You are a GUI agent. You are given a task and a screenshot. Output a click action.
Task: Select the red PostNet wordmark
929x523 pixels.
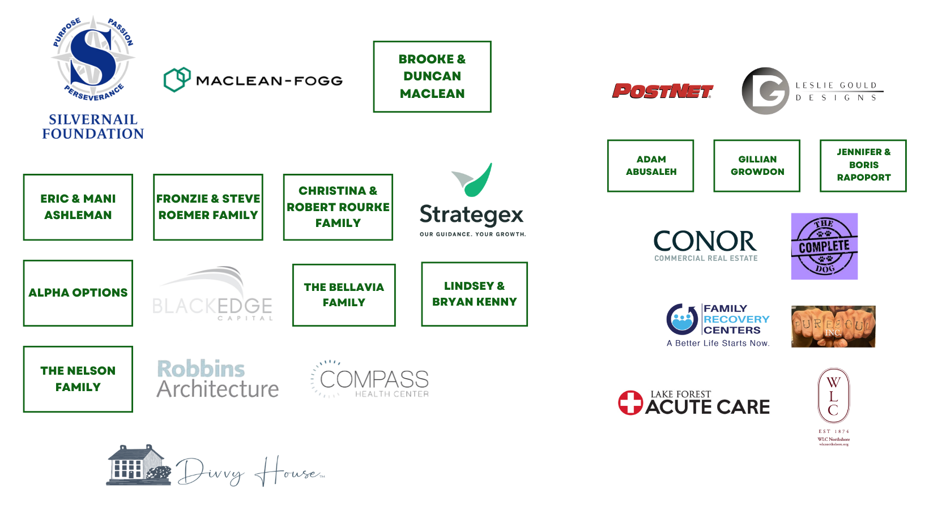[663, 91]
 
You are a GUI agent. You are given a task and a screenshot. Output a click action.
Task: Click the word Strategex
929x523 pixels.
[472, 215]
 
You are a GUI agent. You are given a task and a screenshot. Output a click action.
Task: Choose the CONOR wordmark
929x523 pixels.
[704, 242]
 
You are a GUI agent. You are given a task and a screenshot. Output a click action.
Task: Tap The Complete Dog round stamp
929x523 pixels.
[824, 246]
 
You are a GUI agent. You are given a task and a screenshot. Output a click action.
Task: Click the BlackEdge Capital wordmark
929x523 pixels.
[212, 306]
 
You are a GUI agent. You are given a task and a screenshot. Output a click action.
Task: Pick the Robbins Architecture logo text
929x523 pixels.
[217, 379]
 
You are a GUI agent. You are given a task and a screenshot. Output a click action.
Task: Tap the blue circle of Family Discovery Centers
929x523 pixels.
[682, 320]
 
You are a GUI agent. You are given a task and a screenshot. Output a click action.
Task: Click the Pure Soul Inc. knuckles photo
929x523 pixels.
[833, 325]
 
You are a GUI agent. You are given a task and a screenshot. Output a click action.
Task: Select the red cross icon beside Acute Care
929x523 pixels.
[630, 403]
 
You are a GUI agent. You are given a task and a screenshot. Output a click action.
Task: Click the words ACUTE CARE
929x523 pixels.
[708, 407]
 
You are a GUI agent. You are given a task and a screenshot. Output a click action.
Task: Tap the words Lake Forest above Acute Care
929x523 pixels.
[680, 394]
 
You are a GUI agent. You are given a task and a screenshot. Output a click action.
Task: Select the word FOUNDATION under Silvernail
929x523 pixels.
[93, 135]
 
